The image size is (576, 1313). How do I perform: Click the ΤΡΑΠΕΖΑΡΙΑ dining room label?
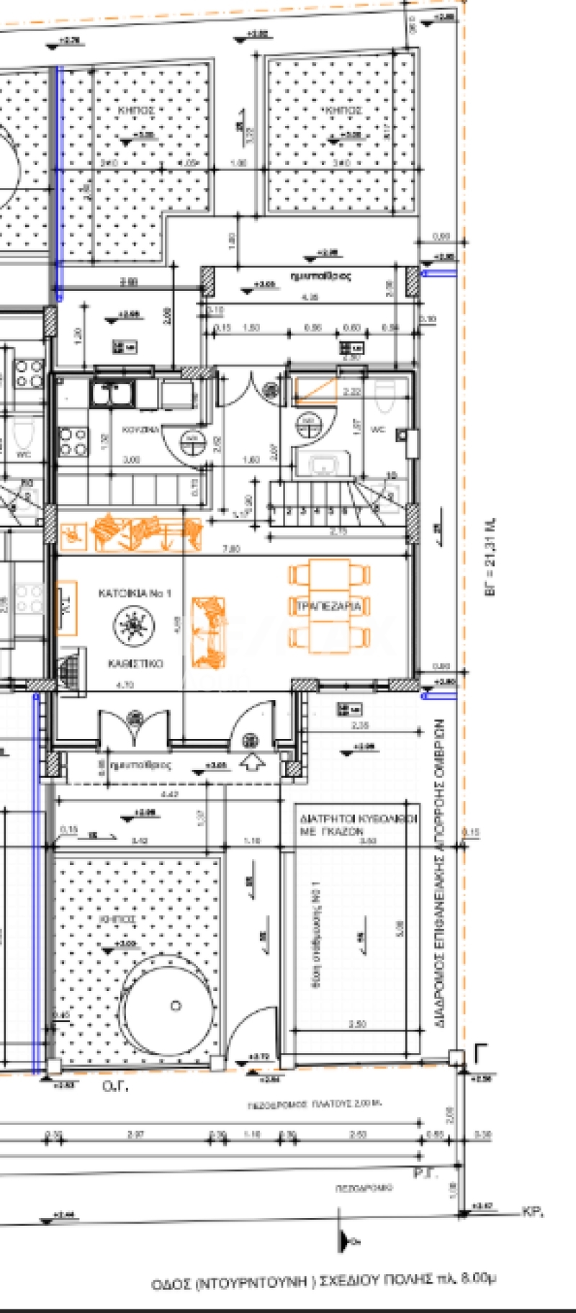point(328,607)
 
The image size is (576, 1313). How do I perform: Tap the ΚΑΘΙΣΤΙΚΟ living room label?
point(135,663)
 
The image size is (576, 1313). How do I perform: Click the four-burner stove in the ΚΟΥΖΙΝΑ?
point(73,441)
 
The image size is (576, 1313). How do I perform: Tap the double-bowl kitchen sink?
point(112,395)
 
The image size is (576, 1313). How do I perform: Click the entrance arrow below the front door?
point(252,763)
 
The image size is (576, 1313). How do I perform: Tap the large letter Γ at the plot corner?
point(481,1055)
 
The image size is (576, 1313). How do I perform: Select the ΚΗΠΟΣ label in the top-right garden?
point(343,110)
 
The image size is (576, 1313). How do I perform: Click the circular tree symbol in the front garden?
point(175,1005)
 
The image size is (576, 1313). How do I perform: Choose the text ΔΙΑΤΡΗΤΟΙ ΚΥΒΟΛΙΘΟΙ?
point(357,819)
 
